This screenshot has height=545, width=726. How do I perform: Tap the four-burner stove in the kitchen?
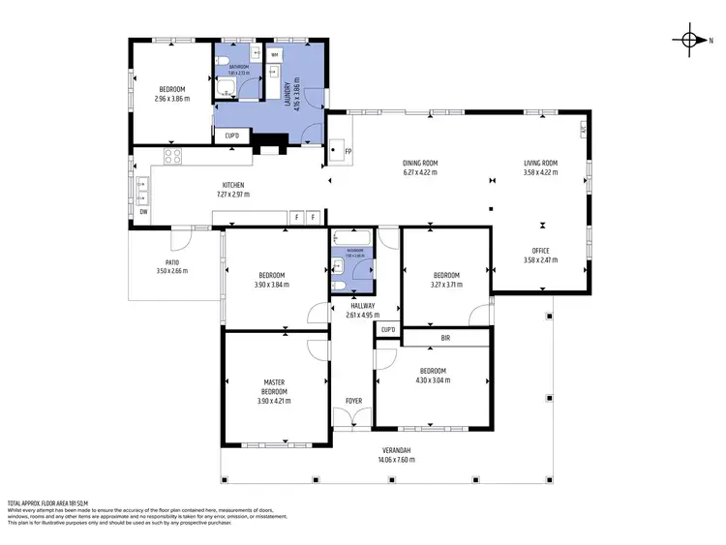172,155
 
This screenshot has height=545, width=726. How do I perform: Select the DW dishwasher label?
143,211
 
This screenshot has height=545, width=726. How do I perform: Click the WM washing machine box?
275,56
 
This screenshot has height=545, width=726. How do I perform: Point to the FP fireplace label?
348,152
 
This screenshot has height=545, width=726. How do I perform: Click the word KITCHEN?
233,185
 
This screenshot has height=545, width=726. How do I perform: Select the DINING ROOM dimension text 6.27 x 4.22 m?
420,172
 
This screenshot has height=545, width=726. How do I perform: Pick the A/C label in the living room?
583,128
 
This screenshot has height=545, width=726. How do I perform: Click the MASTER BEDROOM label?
274,386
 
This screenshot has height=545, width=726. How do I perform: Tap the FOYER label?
354,400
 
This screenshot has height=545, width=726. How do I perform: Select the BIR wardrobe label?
445,338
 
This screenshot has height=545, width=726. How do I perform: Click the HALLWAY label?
362,305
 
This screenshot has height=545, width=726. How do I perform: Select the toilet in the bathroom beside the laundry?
224,64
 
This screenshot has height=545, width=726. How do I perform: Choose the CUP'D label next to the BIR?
388,330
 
